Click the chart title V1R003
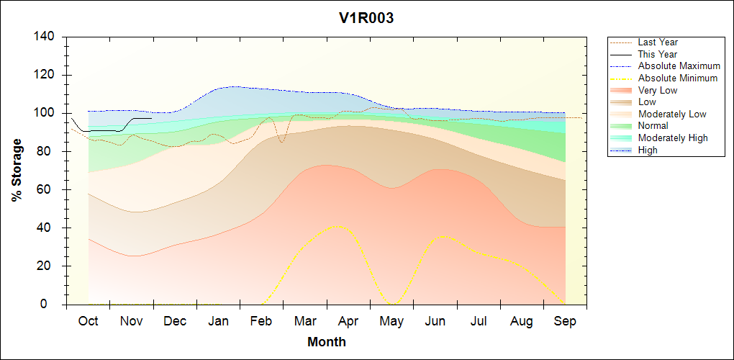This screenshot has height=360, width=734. [366, 19]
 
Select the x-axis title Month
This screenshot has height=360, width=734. [327, 342]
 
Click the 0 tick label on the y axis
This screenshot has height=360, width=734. [53, 305]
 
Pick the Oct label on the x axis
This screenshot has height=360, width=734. [88, 321]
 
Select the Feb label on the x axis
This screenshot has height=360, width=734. [262, 321]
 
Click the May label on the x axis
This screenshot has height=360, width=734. [391, 321]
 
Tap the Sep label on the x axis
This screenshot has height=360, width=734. [565, 321]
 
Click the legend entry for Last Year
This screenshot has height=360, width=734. [658, 42]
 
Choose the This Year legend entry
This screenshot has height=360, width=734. [658, 54]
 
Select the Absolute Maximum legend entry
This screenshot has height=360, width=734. [679, 66]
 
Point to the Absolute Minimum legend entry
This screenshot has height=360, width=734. [678, 78]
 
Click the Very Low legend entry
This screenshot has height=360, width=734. [658, 90]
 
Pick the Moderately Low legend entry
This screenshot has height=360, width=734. [672, 114]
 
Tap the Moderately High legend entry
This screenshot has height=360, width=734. [673, 138]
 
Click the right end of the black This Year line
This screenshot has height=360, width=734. [152, 118]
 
